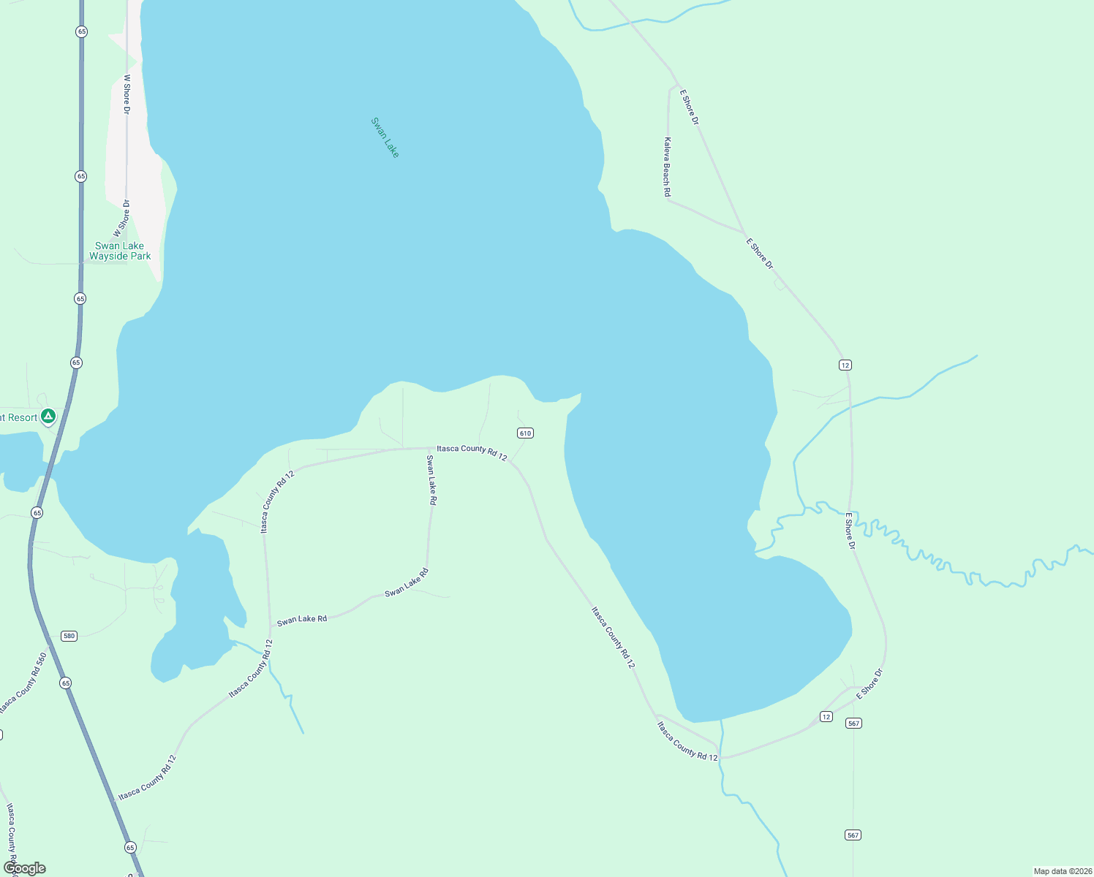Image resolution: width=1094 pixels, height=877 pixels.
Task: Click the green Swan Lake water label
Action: point(385,137)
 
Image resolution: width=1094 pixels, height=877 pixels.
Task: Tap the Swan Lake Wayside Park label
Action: point(120,251)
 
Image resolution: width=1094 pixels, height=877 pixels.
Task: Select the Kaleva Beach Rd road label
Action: point(667,167)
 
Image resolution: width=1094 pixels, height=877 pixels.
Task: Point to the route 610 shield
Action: point(525,433)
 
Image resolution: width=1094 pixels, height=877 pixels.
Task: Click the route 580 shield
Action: point(69,636)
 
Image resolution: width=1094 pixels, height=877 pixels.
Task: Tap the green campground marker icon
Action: point(48,417)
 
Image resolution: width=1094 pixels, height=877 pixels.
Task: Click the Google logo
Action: point(25,868)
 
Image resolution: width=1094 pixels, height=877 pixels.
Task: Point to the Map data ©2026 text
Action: point(1062,871)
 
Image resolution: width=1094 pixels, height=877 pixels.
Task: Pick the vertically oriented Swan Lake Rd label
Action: point(431,480)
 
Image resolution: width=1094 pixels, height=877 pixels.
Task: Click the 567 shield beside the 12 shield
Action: point(853,724)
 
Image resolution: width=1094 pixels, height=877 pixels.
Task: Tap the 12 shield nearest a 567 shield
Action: point(826,717)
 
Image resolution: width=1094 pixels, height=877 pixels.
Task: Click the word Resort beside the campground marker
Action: point(22,417)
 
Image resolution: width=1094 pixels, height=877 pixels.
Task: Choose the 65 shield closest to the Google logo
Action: point(130,848)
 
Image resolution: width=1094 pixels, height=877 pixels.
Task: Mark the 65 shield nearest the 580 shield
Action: point(66,683)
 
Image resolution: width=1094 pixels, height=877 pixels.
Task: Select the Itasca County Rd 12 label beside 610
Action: point(472,453)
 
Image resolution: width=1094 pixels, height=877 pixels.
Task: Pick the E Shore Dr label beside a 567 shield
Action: point(870,684)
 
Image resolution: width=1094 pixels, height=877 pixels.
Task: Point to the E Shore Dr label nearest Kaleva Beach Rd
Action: point(689,107)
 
